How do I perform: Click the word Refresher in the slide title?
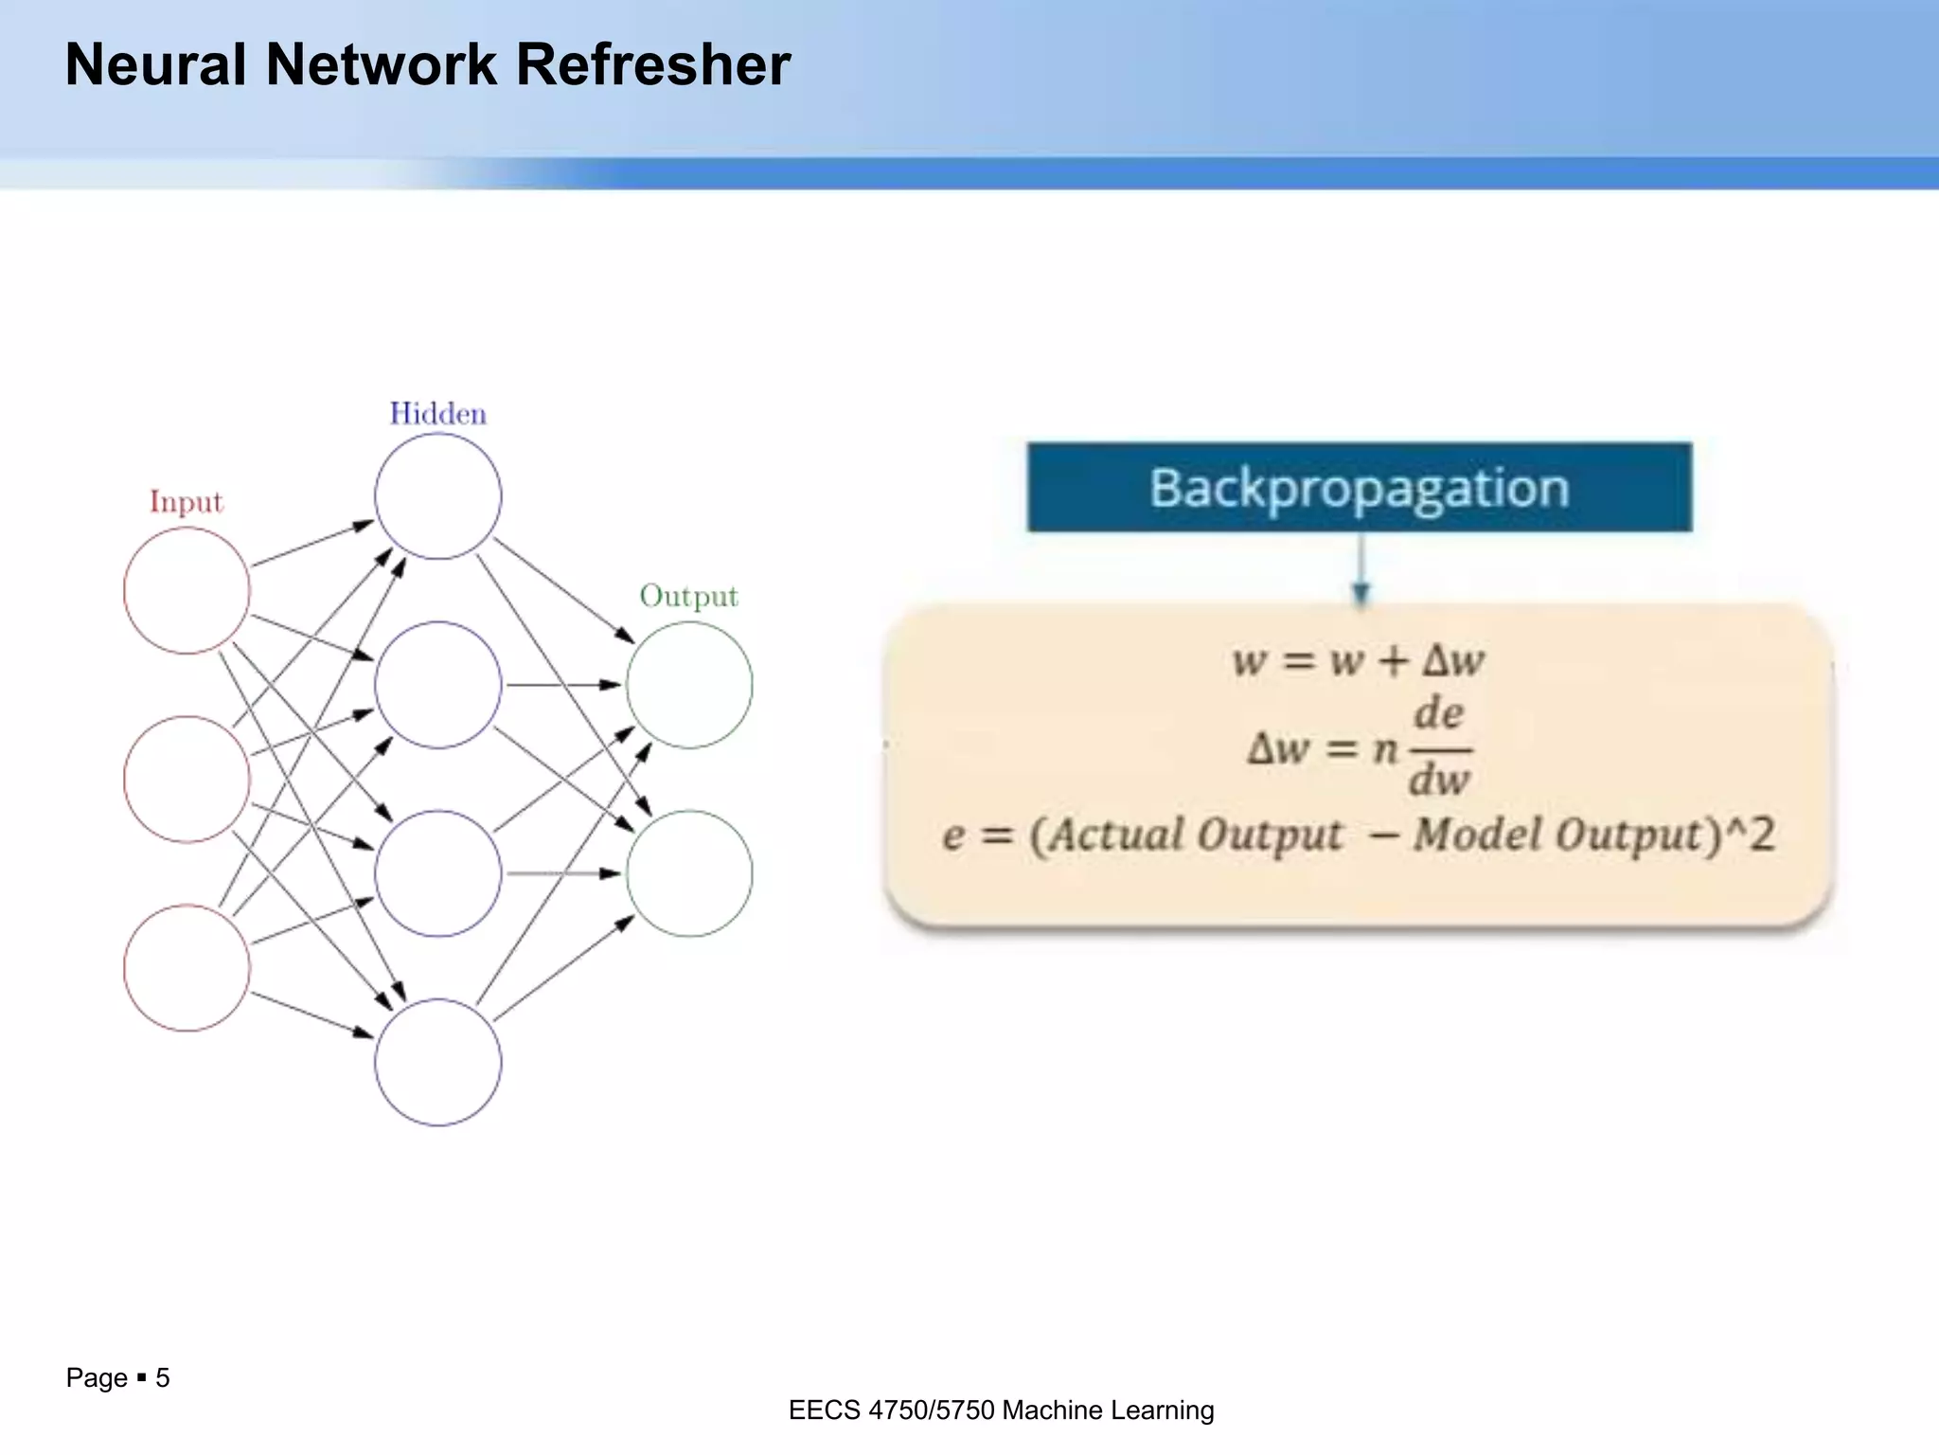[x=652, y=65]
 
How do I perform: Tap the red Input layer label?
[x=186, y=501]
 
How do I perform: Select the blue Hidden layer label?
[x=437, y=414]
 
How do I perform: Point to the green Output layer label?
[x=688, y=596]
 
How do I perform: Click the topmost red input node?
[x=187, y=590]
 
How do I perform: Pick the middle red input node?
[x=187, y=779]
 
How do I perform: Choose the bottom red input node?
[x=187, y=967]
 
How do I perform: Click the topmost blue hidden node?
[x=437, y=495]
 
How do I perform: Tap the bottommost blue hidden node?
[x=437, y=1062]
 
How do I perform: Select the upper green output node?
[x=689, y=684]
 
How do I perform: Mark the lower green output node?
[x=689, y=872]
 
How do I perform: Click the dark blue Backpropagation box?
[x=1359, y=487]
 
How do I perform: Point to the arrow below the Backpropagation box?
[x=1361, y=568]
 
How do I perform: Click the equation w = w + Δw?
[x=1358, y=660]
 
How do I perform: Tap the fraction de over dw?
[x=1439, y=748]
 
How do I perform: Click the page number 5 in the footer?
[x=163, y=1377]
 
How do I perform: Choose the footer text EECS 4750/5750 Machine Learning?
[x=1001, y=1410]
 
